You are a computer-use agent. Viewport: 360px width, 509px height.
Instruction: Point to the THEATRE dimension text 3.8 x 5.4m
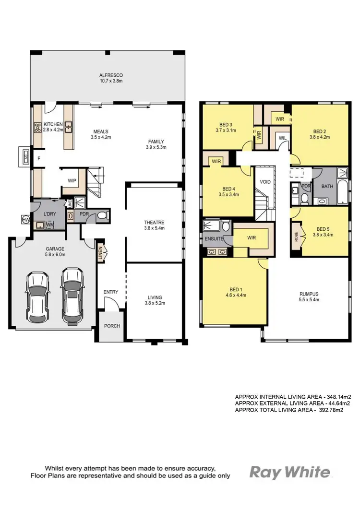154,229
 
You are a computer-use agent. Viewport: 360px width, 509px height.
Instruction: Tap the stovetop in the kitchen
37,128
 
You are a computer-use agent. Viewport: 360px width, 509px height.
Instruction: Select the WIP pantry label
72,181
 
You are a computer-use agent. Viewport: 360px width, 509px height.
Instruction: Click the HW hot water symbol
25,220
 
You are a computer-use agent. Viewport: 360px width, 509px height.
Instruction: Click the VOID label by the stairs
265,182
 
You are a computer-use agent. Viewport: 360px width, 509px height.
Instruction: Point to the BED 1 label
235,289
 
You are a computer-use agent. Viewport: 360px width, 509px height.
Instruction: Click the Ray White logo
290,472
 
